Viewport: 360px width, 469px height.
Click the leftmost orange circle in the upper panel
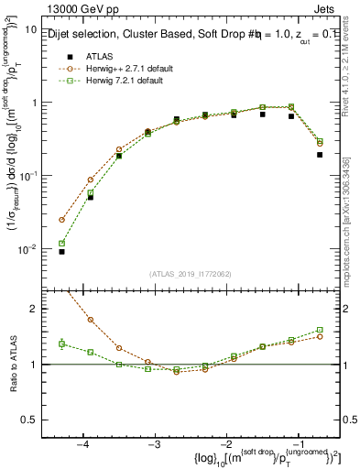(62, 220)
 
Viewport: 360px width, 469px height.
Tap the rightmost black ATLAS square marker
(320, 155)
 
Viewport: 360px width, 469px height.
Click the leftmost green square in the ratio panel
(62, 344)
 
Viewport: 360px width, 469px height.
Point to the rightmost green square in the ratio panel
(320, 330)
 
